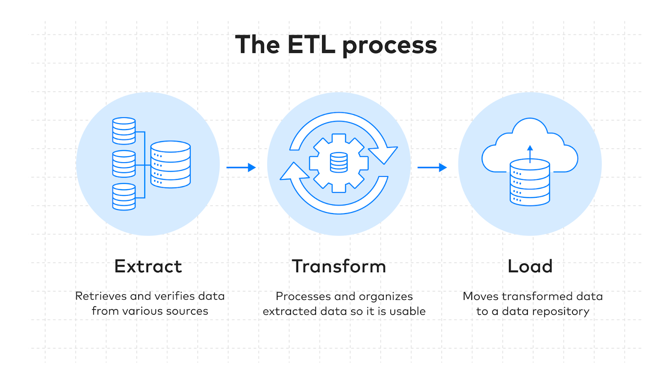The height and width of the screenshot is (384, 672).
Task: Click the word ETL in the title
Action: [x=312, y=45]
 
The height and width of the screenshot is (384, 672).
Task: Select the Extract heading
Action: [x=148, y=266]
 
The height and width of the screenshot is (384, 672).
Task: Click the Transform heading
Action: [x=339, y=266]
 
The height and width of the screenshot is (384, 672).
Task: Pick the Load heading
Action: [x=530, y=266]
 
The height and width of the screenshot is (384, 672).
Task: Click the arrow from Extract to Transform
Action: [x=241, y=167]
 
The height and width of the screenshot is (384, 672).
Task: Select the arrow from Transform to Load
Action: [x=432, y=167]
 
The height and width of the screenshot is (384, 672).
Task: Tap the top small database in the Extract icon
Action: [x=124, y=131]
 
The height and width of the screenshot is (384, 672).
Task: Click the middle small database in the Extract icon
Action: [x=124, y=164]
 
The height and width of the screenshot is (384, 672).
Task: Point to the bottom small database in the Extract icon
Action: [x=124, y=197]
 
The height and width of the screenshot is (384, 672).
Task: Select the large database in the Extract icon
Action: [x=171, y=164]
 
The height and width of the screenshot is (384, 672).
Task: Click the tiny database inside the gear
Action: [x=339, y=163]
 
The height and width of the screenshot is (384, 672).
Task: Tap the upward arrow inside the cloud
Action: [x=530, y=153]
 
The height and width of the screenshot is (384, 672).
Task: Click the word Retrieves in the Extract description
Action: [x=101, y=296]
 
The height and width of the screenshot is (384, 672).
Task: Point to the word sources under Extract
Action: [x=187, y=311]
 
